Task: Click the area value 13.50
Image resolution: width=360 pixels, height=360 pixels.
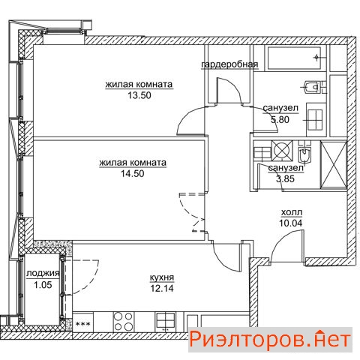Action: [x=139, y=95]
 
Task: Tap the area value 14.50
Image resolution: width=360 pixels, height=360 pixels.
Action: [x=133, y=173]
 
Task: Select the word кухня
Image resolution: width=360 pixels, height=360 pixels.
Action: [x=162, y=277]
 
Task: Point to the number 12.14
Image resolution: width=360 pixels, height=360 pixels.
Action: [x=162, y=289]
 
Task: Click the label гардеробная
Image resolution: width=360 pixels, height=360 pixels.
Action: [x=229, y=64]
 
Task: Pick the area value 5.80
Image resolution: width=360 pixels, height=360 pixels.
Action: [x=280, y=120]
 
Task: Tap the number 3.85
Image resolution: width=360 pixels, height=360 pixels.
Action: [x=285, y=178]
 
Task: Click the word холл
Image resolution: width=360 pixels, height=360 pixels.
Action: [x=292, y=212]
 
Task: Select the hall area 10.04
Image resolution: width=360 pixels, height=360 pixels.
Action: [x=290, y=223]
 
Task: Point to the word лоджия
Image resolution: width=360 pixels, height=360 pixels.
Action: [x=43, y=274]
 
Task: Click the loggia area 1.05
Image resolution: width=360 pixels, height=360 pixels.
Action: [x=43, y=285]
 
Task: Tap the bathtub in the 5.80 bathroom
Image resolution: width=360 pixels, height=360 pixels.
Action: [x=294, y=58]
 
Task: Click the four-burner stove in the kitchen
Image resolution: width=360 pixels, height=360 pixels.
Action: [x=123, y=322]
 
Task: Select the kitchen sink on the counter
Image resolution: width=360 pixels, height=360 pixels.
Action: [x=165, y=322]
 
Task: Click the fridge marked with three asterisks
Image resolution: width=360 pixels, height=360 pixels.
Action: [x=82, y=322]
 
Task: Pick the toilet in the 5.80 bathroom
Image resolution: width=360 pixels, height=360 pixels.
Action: [x=313, y=87]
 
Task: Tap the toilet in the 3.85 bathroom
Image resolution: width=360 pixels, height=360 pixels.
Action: [x=304, y=154]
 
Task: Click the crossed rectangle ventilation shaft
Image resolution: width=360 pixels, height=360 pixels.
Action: [x=334, y=165]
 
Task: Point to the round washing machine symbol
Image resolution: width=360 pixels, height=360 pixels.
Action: [x=282, y=150]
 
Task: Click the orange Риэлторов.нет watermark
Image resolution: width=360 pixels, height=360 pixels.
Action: [x=270, y=340]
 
